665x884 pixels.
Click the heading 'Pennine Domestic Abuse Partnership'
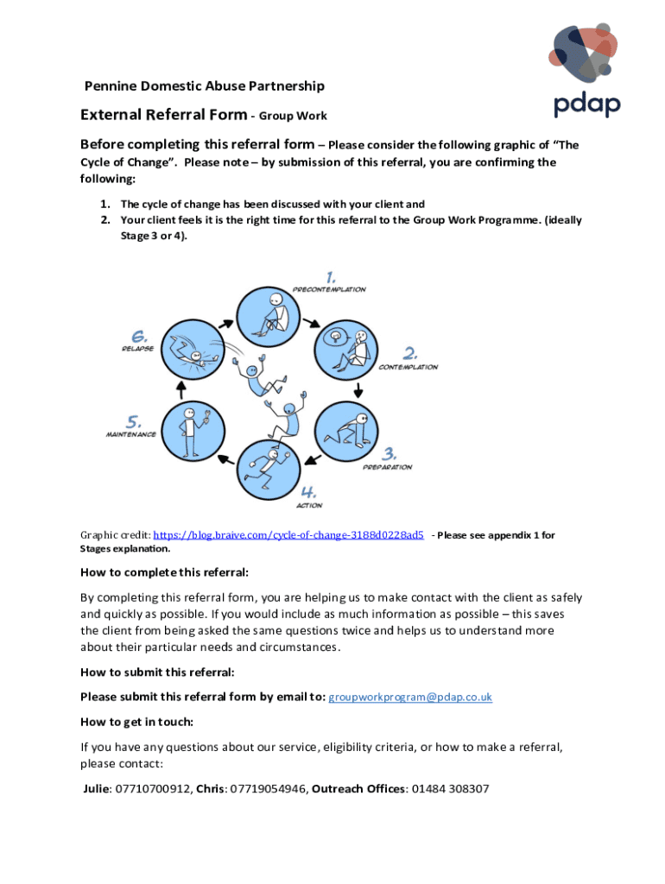click(x=204, y=85)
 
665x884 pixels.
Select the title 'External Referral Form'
click(x=163, y=115)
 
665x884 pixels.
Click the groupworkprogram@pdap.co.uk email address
click(x=411, y=697)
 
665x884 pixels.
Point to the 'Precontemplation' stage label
click(x=329, y=289)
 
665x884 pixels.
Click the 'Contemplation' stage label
click(x=408, y=367)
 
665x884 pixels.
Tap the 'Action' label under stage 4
click(x=309, y=505)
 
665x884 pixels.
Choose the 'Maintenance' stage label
click(x=130, y=434)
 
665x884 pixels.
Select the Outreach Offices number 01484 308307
click(x=450, y=788)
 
